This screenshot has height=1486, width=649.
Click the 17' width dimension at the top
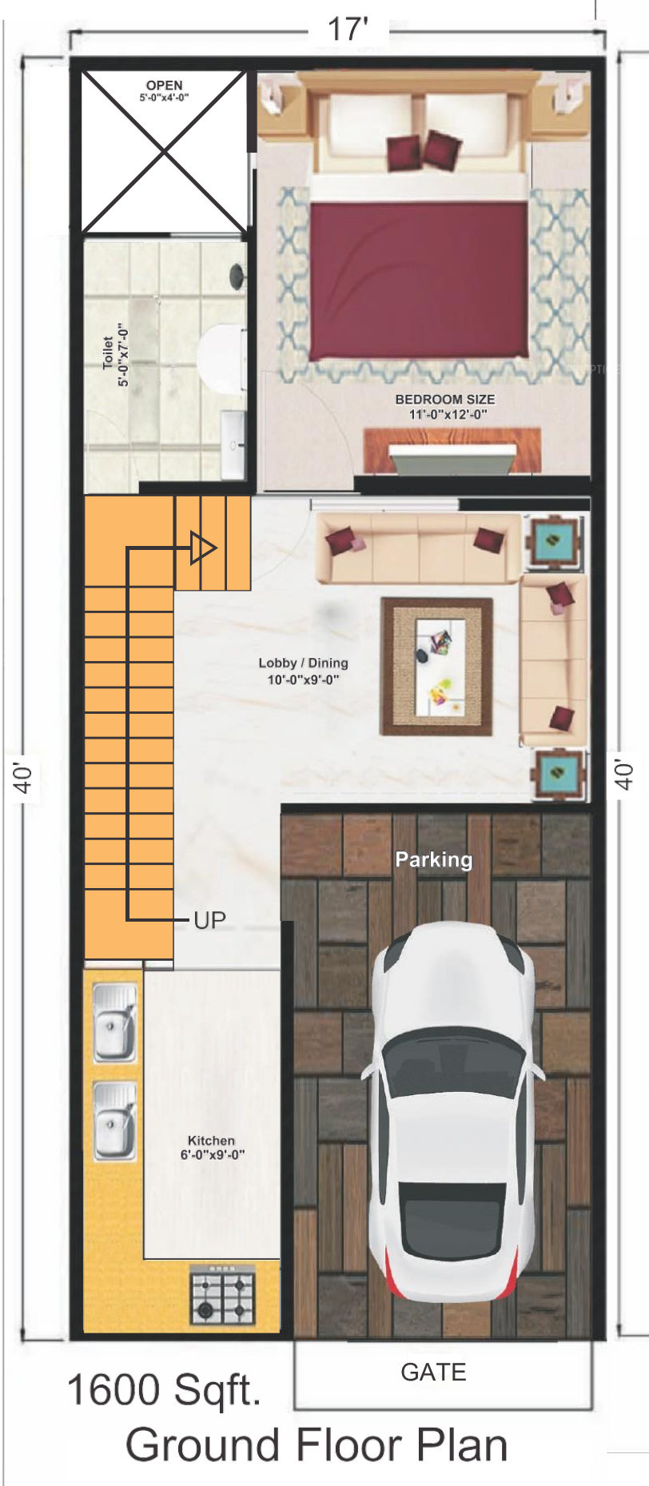click(348, 30)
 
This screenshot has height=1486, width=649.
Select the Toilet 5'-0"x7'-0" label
click(115, 354)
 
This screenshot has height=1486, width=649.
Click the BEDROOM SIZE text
click(445, 399)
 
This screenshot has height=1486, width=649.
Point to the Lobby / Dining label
click(303, 663)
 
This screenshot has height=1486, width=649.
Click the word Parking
click(434, 859)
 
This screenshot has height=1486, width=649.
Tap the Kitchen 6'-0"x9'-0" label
click(212, 1147)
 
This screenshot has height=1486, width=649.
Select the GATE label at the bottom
click(433, 1372)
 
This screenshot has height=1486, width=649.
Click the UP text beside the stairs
click(210, 920)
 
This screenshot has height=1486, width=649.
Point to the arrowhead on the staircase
click(202, 548)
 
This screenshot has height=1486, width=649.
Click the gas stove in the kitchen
click(222, 1295)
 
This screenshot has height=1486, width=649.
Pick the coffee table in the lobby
click(436, 667)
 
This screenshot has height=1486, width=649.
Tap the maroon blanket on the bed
click(419, 281)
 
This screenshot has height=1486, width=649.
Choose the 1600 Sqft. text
click(165, 1390)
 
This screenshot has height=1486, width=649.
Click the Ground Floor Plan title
click(317, 1446)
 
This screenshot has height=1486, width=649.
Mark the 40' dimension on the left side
click(25, 777)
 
